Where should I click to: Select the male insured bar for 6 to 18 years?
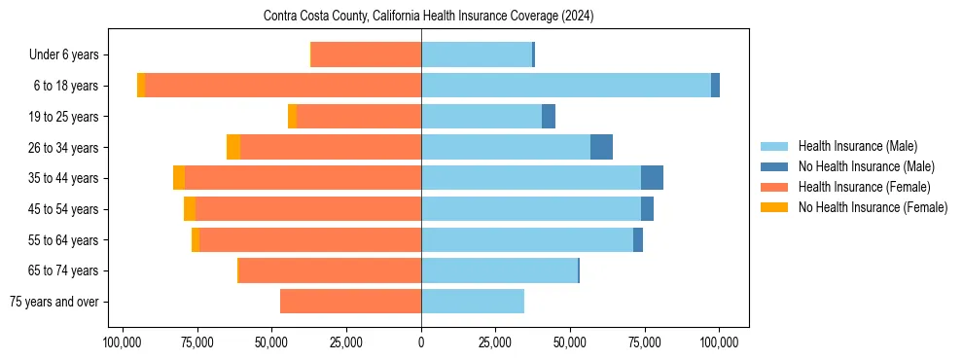566,86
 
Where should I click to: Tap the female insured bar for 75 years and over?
350,302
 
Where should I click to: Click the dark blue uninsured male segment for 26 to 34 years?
601,147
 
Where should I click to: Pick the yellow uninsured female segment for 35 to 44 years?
179,178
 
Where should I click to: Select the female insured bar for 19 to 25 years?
359,117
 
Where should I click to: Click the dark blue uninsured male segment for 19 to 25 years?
549,117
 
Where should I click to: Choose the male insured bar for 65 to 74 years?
499,270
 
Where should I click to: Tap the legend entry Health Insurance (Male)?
857,146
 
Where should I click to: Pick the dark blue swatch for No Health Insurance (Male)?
774,166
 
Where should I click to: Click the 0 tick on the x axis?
421,343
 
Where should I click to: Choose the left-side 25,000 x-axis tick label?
346,343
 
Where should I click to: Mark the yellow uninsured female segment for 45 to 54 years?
190,209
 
